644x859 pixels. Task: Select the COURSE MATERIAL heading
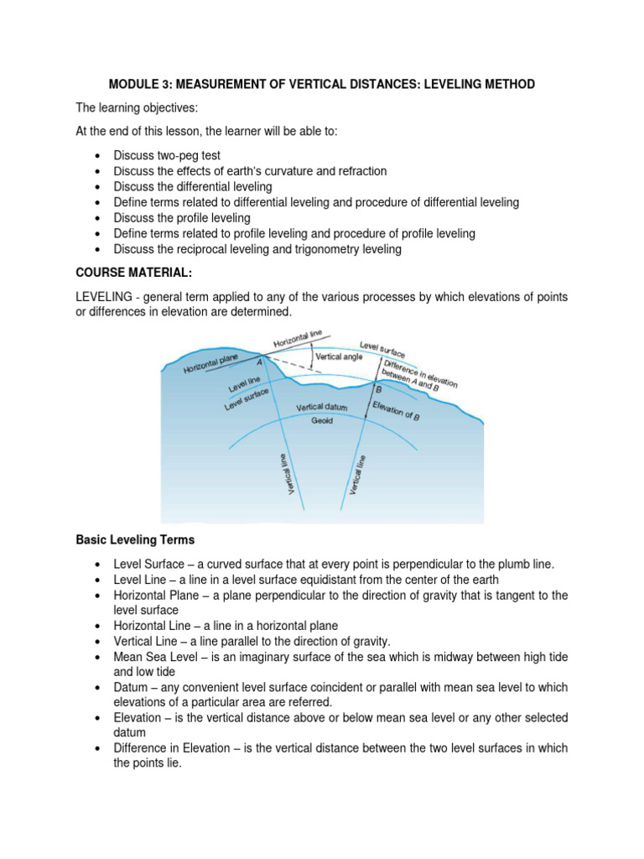tap(130, 273)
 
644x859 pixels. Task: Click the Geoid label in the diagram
tap(322, 420)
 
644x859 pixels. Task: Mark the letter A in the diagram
tap(259, 361)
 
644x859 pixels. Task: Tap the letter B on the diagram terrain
tap(378, 391)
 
